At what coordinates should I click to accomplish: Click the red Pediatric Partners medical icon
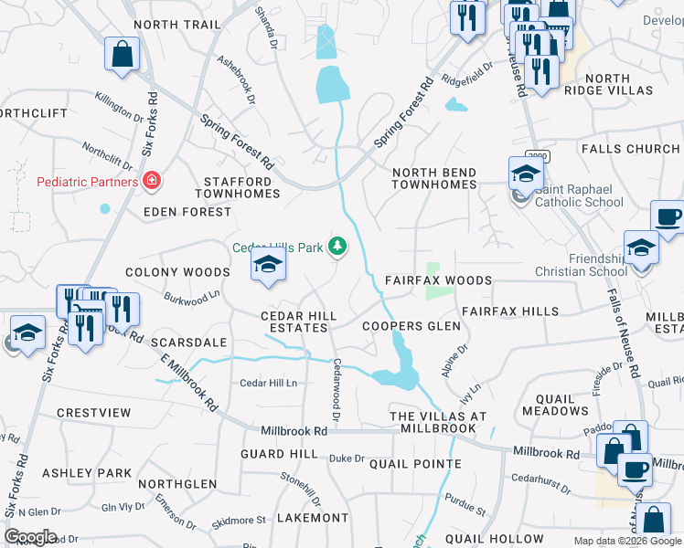(x=152, y=181)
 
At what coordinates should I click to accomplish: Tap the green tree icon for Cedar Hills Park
(x=338, y=246)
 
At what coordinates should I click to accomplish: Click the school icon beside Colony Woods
(x=268, y=265)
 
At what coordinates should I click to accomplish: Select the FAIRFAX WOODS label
(x=438, y=280)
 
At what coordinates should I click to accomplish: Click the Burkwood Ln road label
(x=192, y=296)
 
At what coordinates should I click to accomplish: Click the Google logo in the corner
(x=30, y=537)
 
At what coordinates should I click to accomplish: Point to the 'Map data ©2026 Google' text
(x=627, y=541)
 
